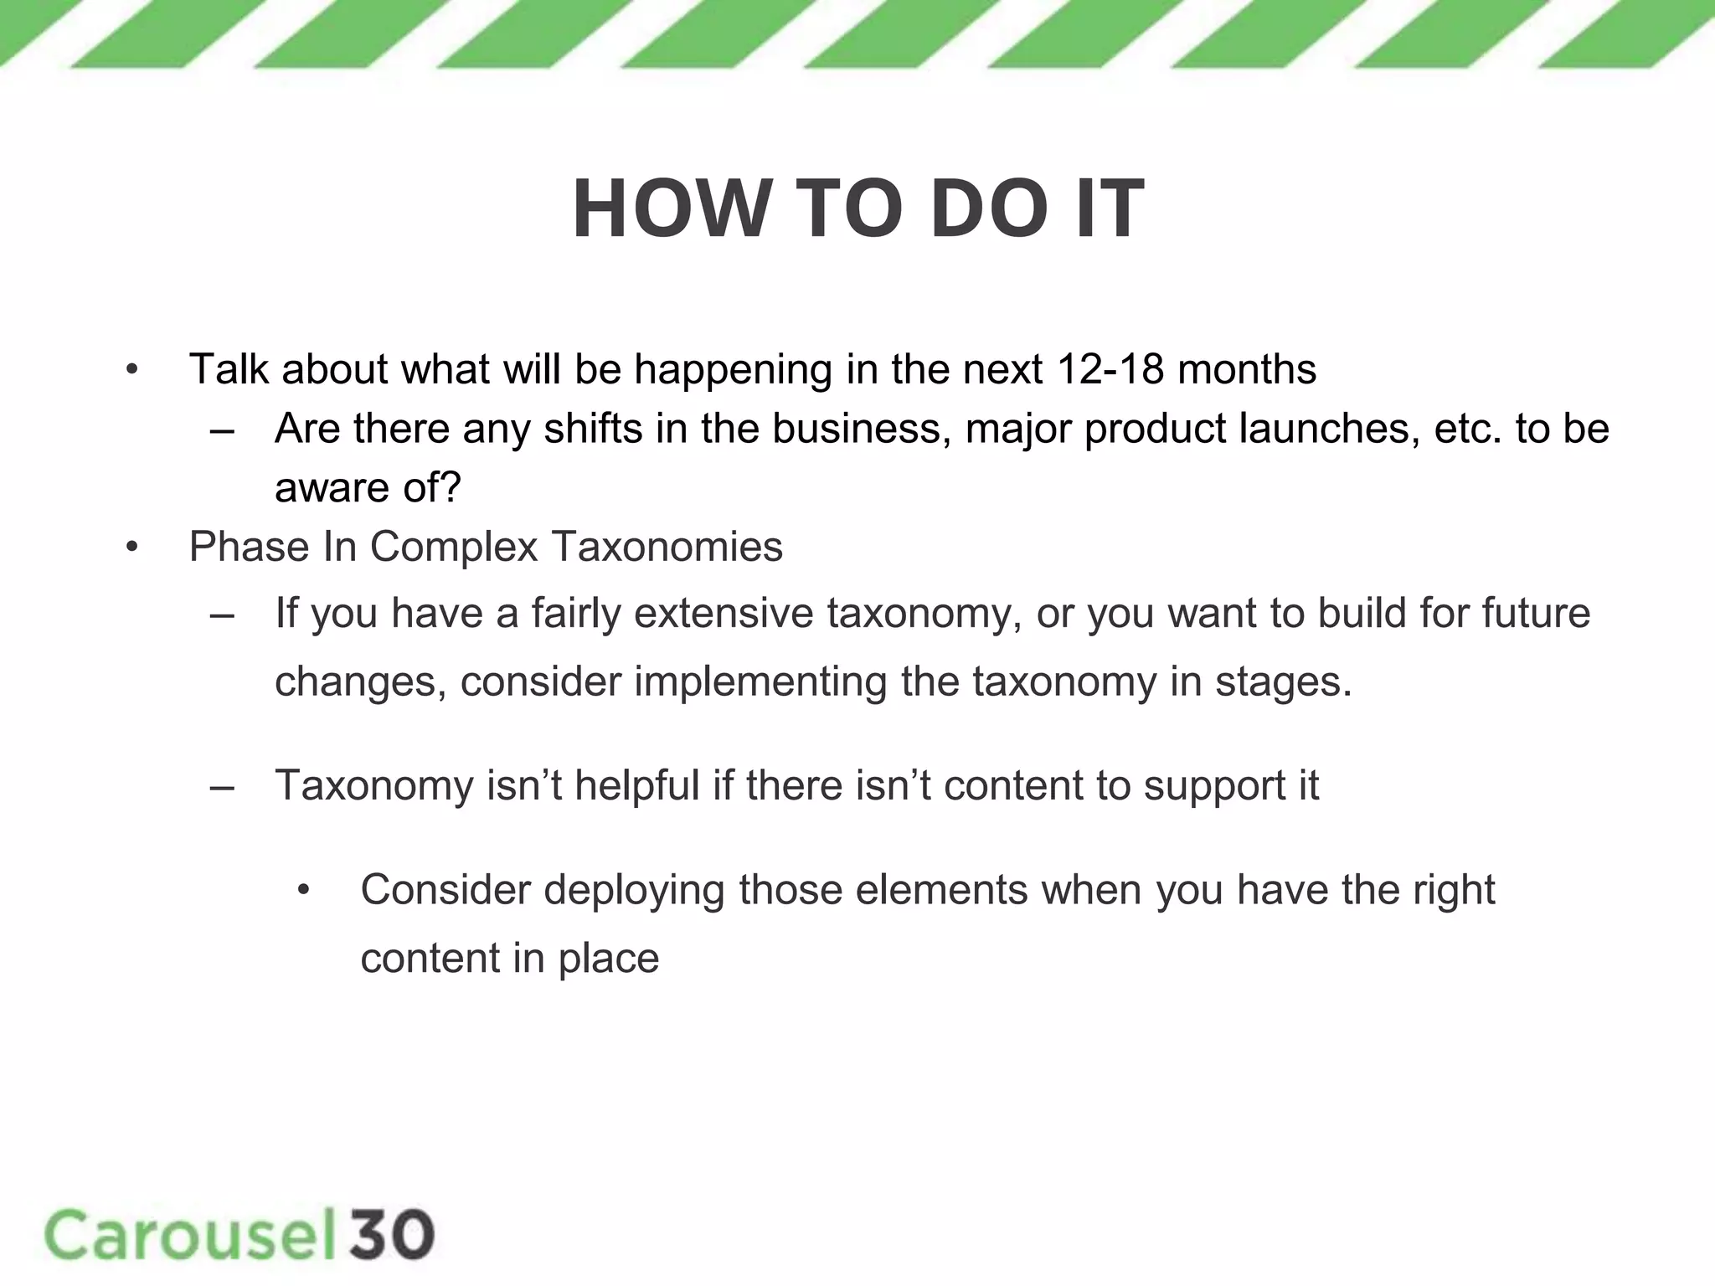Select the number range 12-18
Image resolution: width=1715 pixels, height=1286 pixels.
[x=1110, y=369]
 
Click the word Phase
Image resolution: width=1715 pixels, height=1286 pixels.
[x=249, y=548]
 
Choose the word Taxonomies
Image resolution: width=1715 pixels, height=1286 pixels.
[x=667, y=548]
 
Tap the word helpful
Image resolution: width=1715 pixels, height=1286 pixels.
[x=636, y=786]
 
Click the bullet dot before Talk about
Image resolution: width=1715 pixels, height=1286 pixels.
[x=131, y=370]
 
